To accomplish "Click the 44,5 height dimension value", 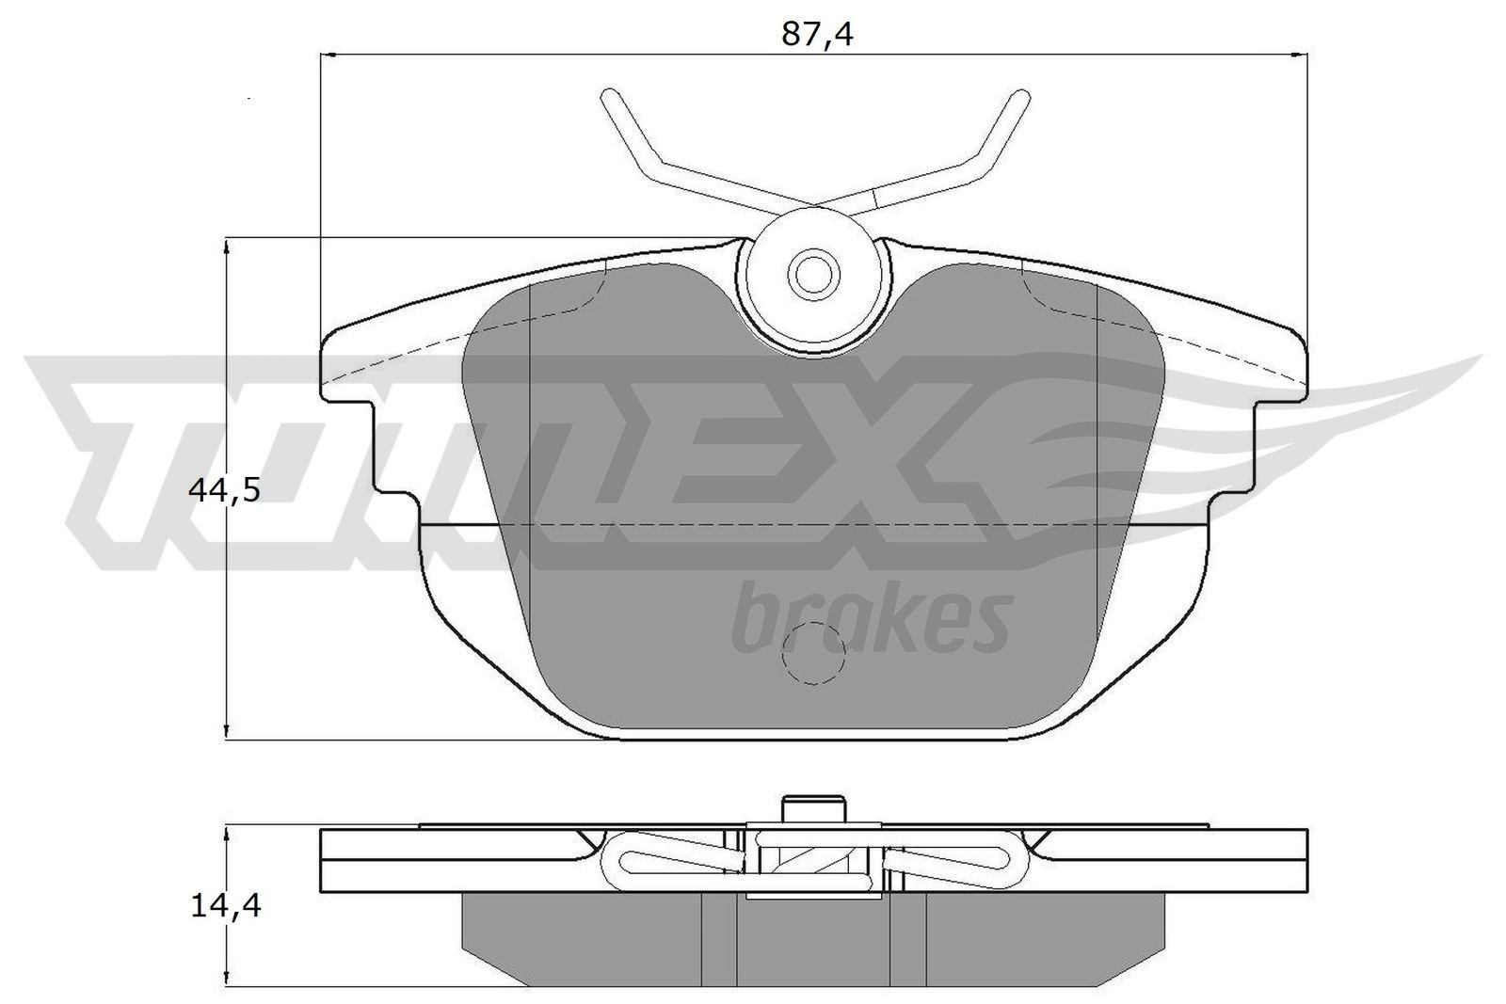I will click(223, 490).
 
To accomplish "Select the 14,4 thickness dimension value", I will click(224, 906).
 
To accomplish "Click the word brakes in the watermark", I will click(871, 618).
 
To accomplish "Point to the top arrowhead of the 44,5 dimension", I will click(227, 247).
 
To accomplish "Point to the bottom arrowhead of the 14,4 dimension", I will click(227, 979).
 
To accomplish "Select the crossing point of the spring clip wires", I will click(812, 204).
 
